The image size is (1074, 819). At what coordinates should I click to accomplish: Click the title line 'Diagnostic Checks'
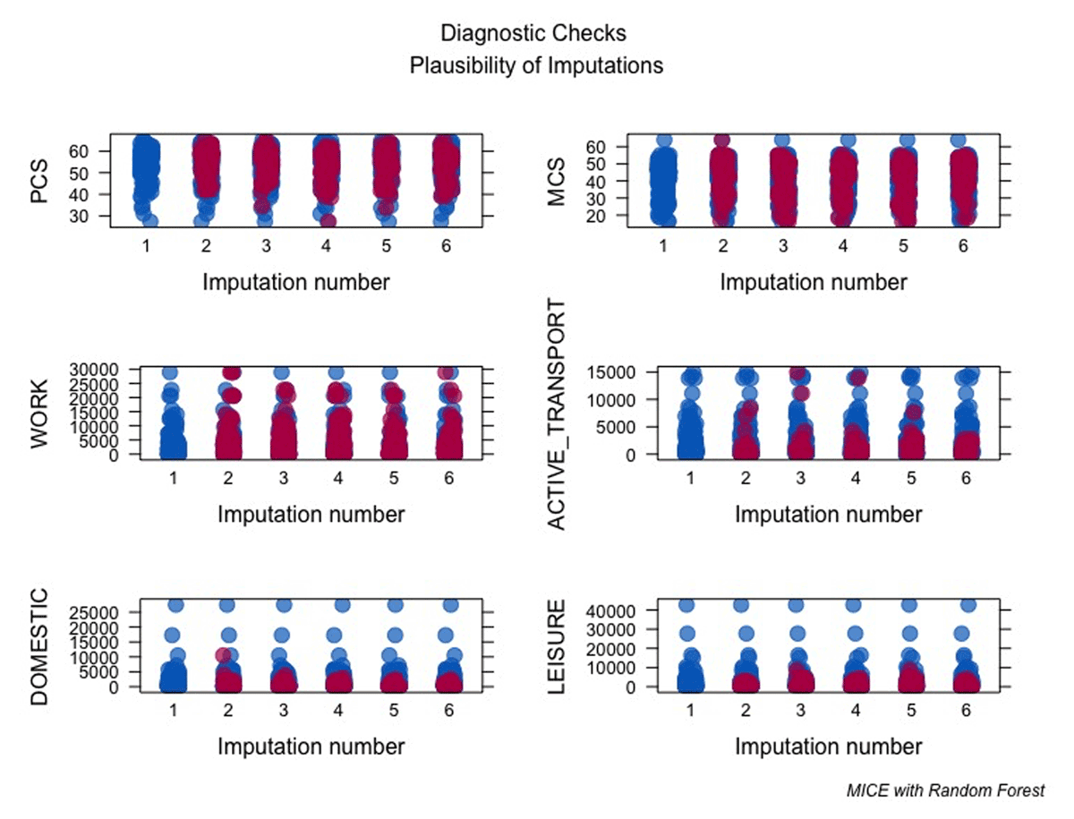pos(533,34)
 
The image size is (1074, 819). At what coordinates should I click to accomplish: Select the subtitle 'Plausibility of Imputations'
pos(536,65)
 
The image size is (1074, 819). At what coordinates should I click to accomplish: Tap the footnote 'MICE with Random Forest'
pos(945,790)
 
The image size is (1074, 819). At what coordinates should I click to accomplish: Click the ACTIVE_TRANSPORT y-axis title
pos(557,415)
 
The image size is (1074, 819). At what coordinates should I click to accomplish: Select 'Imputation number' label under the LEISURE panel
pos(828,746)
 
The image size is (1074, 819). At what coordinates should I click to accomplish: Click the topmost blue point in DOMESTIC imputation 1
pos(175,605)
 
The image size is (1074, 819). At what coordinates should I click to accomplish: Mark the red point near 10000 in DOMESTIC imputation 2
pos(224,655)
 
